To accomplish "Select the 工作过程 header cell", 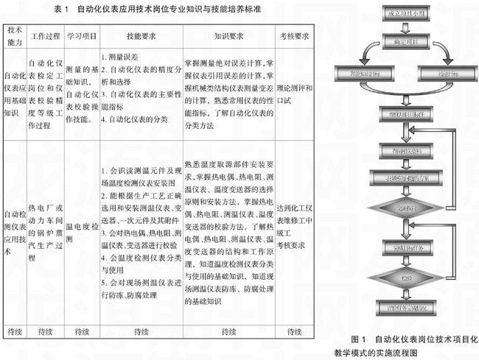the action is [46, 35].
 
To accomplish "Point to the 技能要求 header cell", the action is [139, 35].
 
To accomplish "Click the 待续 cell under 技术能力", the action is [15, 330].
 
